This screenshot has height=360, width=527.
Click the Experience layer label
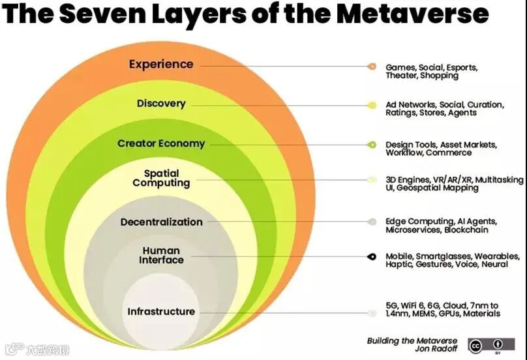(x=160, y=64)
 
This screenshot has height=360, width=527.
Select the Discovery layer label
(x=161, y=103)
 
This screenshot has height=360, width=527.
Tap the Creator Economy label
(x=161, y=143)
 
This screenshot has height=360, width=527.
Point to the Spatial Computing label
(x=161, y=178)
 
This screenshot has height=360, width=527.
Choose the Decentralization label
(x=161, y=222)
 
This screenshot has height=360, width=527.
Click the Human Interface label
(x=161, y=255)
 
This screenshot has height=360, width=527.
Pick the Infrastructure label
(x=161, y=312)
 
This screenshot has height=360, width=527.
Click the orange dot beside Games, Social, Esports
(x=372, y=67)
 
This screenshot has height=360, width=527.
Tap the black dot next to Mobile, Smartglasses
(x=372, y=257)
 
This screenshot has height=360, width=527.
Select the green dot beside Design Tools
(x=372, y=144)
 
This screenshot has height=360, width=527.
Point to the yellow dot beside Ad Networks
(x=372, y=105)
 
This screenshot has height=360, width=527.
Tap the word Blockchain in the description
(x=466, y=230)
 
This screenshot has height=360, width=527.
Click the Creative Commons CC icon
(x=475, y=346)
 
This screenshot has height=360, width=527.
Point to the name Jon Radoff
(x=436, y=350)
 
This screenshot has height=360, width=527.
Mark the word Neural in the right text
(x=496, y=265)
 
